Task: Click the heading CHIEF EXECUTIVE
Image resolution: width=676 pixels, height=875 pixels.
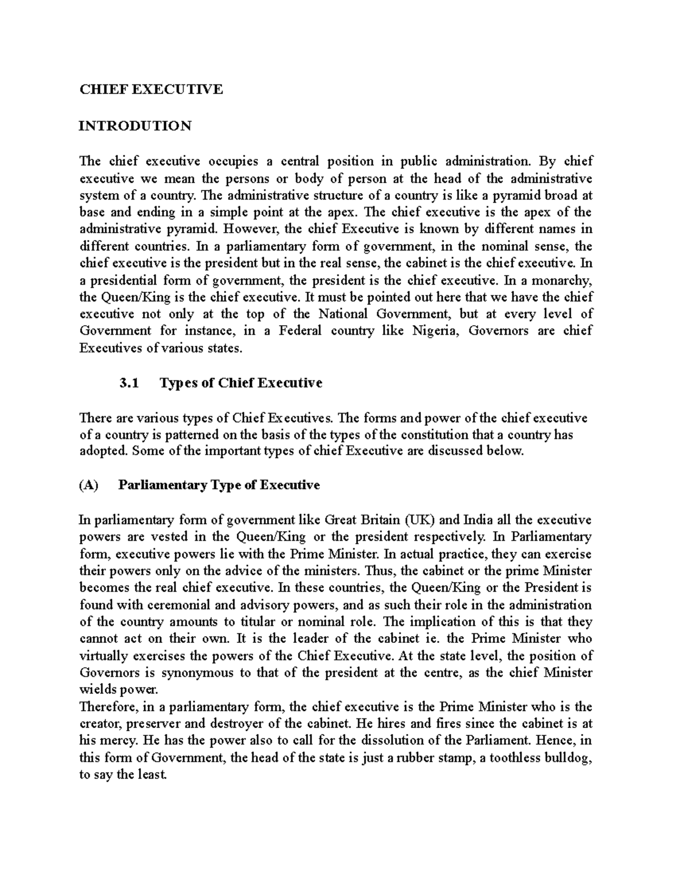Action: point(151,89)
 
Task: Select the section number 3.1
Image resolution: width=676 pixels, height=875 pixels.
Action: point(129,383)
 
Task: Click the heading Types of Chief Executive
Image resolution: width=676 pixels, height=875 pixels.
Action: point(241,383)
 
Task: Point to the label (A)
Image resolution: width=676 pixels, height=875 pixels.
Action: point(89,485)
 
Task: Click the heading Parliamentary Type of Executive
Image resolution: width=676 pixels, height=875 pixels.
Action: point(219,485)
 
